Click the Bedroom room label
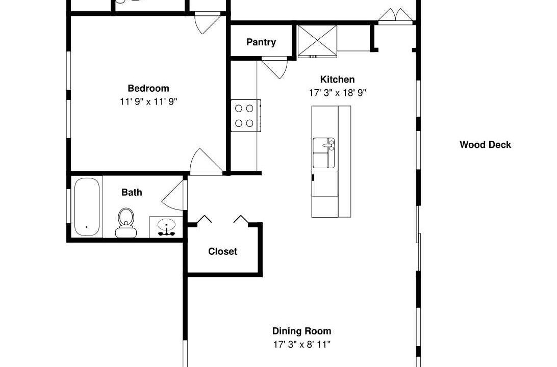pyautogui.click(x=148, y=88)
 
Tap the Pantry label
pyautogui.click(x=261, y=42)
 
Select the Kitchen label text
pyautogui.click(x=337, y=80)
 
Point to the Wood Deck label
pyautogui.click(x=485, y=144)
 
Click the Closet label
pyautogui.click(x=222, y=251)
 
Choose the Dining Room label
pyautogui.click(x=301, y=331)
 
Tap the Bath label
pyautogui.click(x=132, y=192)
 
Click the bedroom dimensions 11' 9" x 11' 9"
pyautogui.click(x=148, y=102)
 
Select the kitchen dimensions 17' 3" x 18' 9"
pyautogui.click(x=338, y=93)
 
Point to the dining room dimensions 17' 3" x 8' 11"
pyautogui.click(x=301, y=344)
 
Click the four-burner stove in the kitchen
pyautogui.click(x=245, y=116)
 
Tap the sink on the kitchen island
pyautogui.click(x=323, y=153)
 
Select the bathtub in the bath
pyautogui.click(x=87, y=207)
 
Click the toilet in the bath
pyautogui.click(x=126, y=223)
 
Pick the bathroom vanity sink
pyautogui.click(x=166, y=227)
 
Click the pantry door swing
pyautogui.click(x=275, y=67)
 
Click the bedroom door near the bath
pyautogui.click(x=206, y=162)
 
